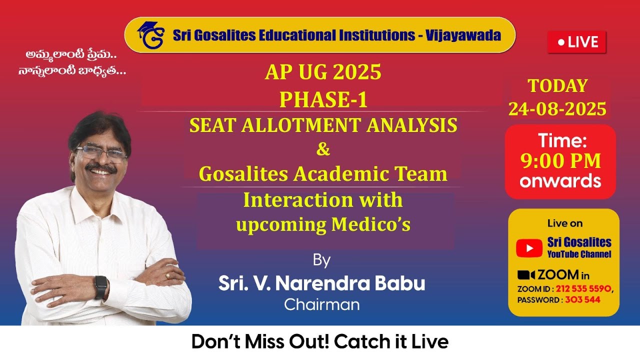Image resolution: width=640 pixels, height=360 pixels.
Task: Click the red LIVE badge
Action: pyautogui.click(x=576, y=42)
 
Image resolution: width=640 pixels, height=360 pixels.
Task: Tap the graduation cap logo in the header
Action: pyautogui.click(x=150, y=35)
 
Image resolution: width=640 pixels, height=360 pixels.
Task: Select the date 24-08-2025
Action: pyautogui.click(x=557, y=108)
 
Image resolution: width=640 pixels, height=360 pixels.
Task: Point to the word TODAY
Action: pyautogui.click(x=557, y=86)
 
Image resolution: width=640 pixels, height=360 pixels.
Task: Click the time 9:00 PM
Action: pyautogui.click(x=560, y=161)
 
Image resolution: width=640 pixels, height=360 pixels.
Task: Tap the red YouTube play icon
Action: pyautogui.click(x=529, y=247)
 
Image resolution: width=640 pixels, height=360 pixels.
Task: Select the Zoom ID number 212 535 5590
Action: pyautogui.click(x=583, y=289)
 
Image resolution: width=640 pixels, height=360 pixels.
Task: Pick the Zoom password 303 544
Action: pyautogui.click(x=582, y=300)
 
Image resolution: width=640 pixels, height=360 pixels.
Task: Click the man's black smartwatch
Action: pyautogui.click(x=100, y=287)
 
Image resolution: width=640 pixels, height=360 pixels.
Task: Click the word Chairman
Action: pyautogui.click(x=321, y=304)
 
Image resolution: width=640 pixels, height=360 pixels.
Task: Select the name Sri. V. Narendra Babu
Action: pyautogui.click(x=321, y=283)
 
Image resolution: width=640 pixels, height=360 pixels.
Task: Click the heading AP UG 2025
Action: pyautogui.click(x=322, y=73)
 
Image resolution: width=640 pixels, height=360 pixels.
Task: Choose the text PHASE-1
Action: pyautogui.click(x=323, y=100)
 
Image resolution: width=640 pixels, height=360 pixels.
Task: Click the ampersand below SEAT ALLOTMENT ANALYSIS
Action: pyautogui.click(x=323, y=149)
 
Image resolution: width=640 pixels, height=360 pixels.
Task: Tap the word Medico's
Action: pyautogui.click(x=370, y=225)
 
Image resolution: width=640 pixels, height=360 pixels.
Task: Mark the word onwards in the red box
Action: pyautogui.click(x=560, y=180)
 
